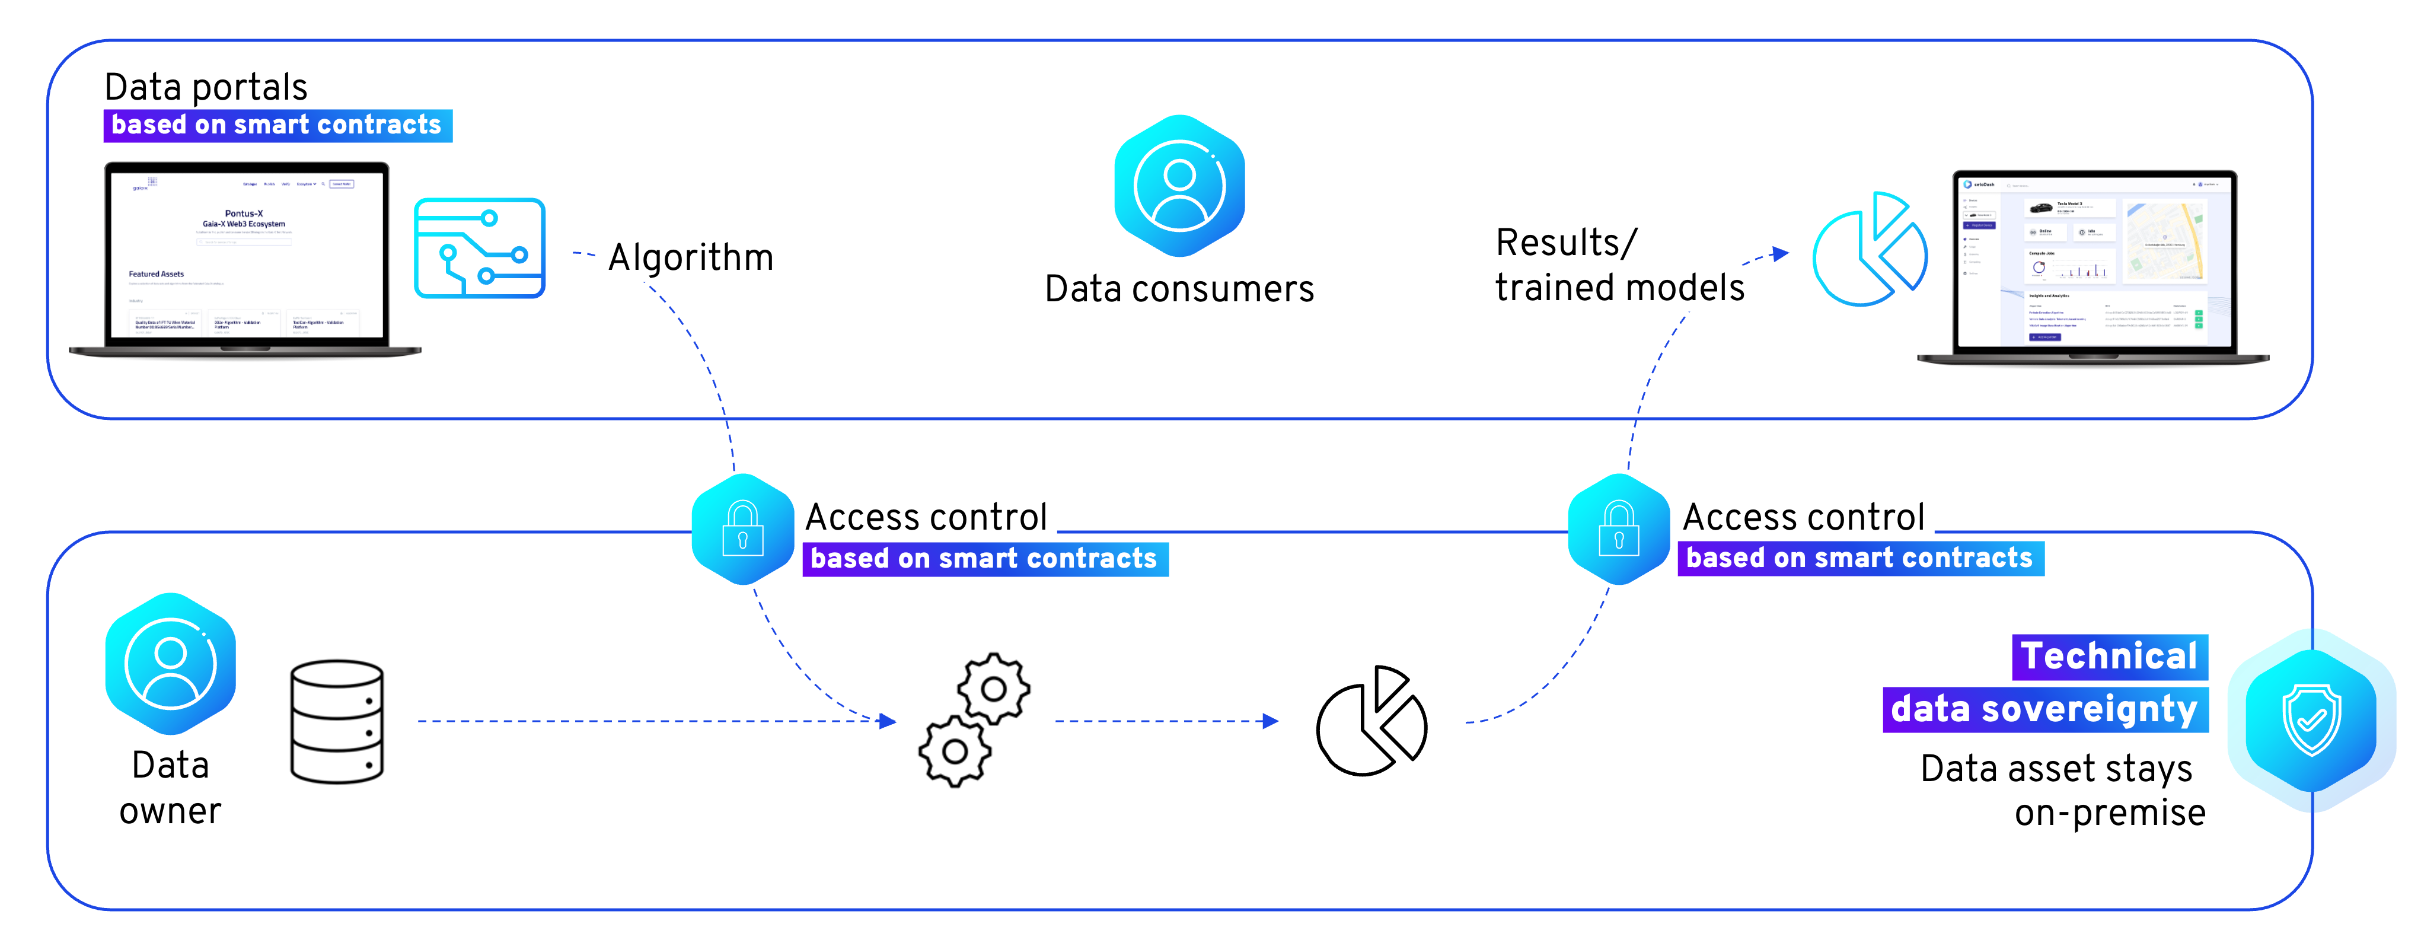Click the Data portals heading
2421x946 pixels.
(x=206, y=87)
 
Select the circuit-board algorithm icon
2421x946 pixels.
(x=479, y=249)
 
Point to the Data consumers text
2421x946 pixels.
(x=1179, y=289)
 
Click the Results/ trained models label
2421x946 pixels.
(x=1618, y=265)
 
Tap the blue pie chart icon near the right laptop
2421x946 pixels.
(x=1870, y=250)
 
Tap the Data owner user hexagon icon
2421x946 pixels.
(x=170, y=664)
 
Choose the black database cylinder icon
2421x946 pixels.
(x=336, y=721)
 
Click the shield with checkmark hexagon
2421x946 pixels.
(x=2311, y=720)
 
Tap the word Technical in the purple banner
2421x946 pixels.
(x=2109, y=657)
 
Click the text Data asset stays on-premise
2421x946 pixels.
(x=2062, y=790)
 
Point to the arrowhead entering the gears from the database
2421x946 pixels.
(x=887, y=721)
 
